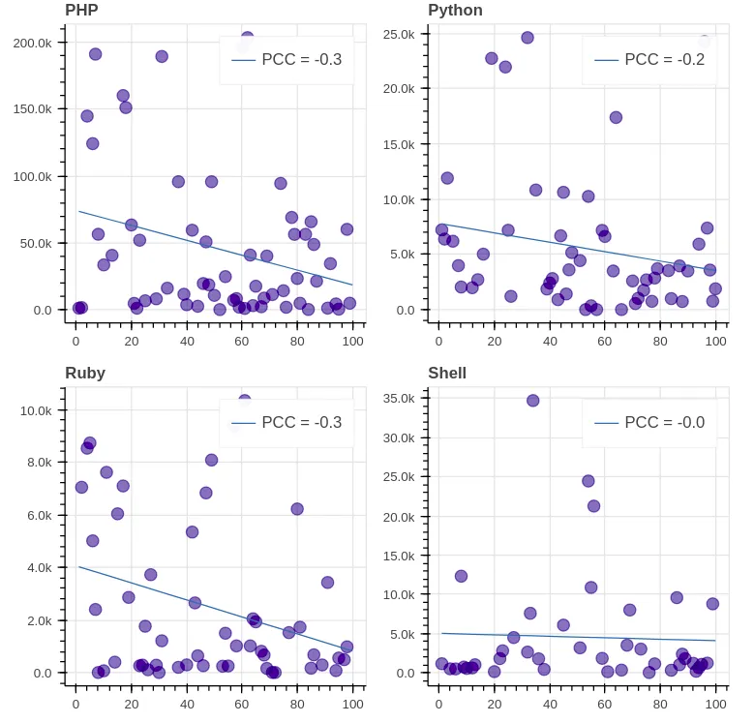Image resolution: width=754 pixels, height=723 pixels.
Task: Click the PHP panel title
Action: point(81,11)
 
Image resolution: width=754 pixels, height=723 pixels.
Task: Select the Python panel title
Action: point(455,11)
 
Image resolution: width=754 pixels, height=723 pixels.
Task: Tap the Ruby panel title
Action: point(85,374)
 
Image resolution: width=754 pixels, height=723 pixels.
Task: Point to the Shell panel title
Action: point(447,374)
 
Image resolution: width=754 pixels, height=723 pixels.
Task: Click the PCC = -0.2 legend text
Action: point(664,60)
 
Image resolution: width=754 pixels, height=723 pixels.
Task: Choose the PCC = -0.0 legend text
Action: point(664,423)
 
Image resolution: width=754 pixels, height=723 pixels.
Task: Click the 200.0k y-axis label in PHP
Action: point(32,43)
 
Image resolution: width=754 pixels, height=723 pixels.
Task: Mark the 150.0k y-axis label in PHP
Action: point(32,109)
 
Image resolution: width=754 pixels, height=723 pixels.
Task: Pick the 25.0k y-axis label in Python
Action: point(398,35)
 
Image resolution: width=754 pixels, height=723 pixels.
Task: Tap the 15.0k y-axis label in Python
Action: point(398,145)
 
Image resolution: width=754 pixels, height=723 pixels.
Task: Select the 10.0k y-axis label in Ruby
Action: point(36,411)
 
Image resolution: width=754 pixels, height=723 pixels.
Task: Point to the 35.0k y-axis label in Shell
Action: point(398,398)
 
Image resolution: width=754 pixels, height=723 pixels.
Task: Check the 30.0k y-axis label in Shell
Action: point(398,437)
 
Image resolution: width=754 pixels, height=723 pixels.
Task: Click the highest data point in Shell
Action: point(532,401)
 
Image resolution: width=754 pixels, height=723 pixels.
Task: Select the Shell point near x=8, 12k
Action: point(462,576)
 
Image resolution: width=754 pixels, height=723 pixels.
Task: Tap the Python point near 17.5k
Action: point(616,118)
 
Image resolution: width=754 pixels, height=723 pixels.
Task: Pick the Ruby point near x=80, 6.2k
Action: point(297,509)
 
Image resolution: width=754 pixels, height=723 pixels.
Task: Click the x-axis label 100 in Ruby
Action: point(352,704)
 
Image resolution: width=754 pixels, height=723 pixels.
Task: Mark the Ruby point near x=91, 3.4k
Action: point(328,583)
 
